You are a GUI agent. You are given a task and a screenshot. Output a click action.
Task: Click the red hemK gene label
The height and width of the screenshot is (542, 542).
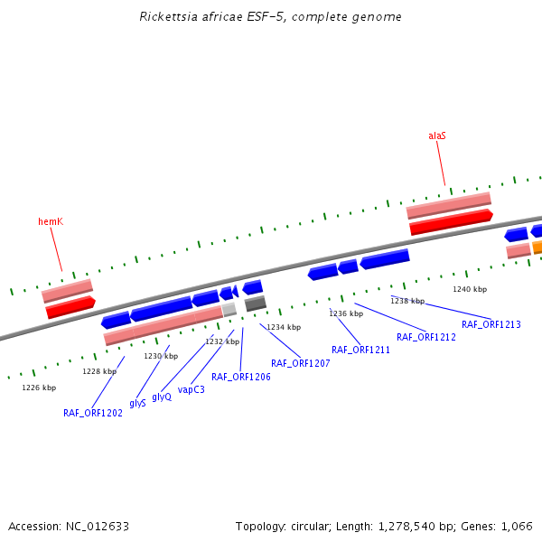(51, 221)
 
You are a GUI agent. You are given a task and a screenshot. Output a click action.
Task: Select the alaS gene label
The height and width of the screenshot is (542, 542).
(437, 135)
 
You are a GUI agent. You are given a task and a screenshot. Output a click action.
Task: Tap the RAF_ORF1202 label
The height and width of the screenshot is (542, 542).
(93, 413)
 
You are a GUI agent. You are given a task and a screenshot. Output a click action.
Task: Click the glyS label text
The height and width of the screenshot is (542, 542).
(137, 403)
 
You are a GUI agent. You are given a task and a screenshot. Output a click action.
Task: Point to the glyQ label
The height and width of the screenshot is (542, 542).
(162, 397)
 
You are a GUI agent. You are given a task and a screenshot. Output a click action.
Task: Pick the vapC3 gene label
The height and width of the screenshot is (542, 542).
(192, 389)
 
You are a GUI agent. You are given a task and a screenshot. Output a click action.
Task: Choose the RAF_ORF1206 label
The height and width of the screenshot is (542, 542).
(241, 377)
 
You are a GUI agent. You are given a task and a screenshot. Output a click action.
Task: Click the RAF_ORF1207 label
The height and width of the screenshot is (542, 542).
(301, 363)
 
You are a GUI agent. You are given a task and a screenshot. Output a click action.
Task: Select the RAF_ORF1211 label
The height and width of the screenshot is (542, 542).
(360, 350)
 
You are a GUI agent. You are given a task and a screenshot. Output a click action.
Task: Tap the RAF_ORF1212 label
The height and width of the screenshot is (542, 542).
(426, 337)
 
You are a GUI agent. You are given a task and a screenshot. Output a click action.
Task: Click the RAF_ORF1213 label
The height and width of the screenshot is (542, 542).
(491, 324)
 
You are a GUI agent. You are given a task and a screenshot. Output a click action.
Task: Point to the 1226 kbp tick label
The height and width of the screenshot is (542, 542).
(39, 388)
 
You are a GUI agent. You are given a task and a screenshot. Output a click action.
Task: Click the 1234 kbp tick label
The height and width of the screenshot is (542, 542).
(284, 327)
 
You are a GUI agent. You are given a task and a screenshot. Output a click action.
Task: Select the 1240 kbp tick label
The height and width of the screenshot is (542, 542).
(470, 289)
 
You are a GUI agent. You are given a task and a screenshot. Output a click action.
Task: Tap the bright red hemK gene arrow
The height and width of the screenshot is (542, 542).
(70, 307)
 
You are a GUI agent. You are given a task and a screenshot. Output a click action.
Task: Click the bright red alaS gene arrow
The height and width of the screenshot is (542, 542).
(450, 221)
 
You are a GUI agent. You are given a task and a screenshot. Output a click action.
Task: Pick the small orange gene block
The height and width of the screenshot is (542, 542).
(537, 247)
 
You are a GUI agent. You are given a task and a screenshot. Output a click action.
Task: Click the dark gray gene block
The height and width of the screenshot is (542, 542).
(256, 304)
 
